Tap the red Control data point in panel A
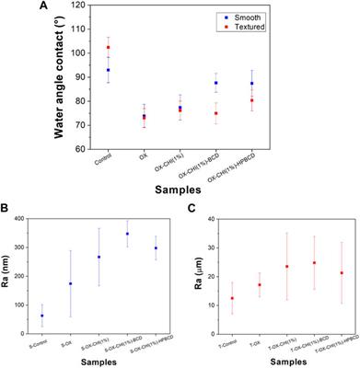[108, 47]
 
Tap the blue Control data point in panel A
[108, 70]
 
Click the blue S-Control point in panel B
[41, 316]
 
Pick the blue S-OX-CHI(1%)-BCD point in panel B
[126, 234]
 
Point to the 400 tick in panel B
[24, 219]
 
